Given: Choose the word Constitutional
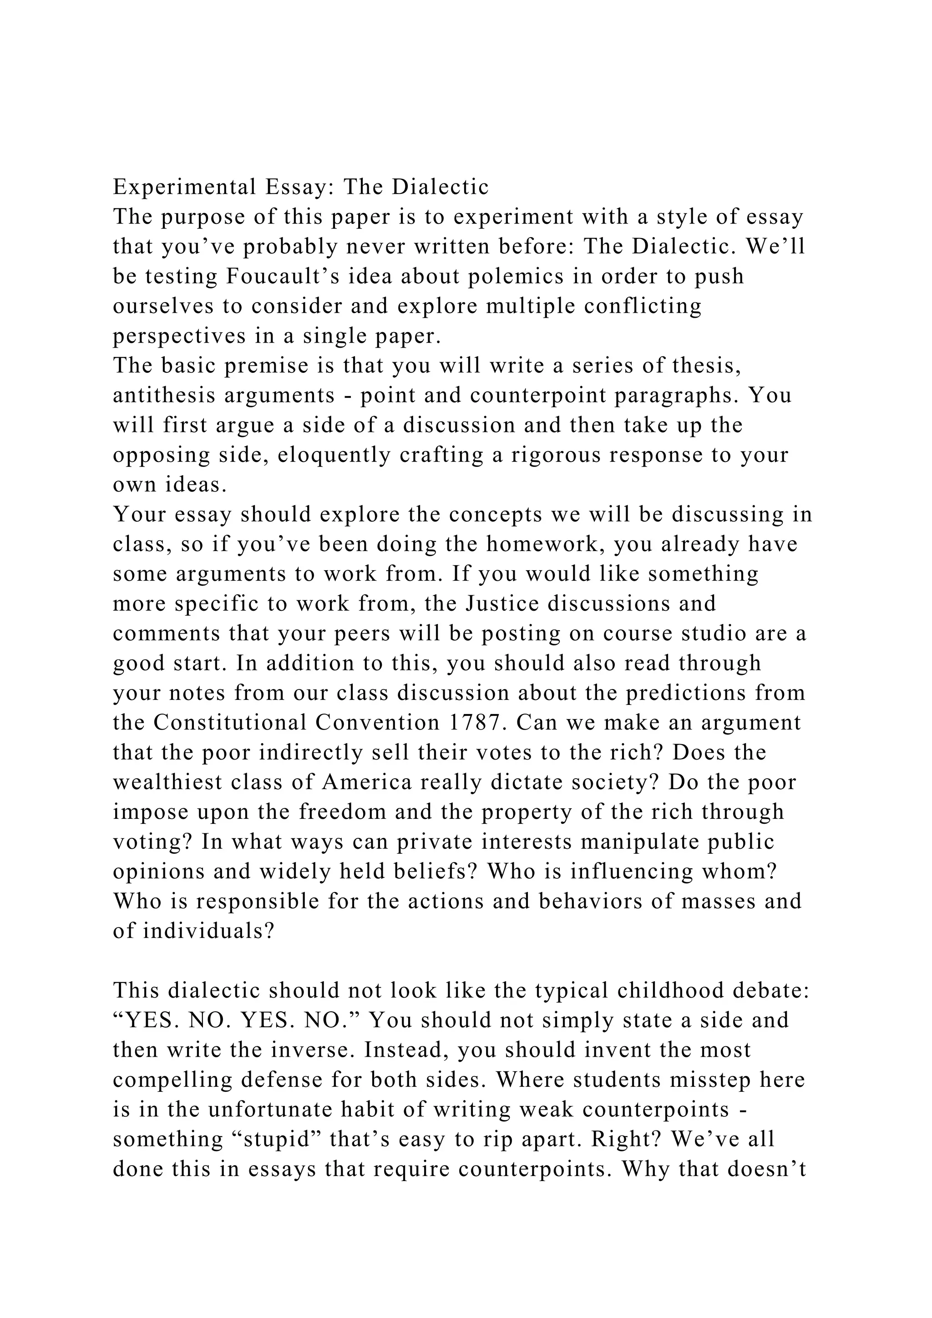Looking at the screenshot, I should (230, 723).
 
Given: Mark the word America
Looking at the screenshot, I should (367, 782).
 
